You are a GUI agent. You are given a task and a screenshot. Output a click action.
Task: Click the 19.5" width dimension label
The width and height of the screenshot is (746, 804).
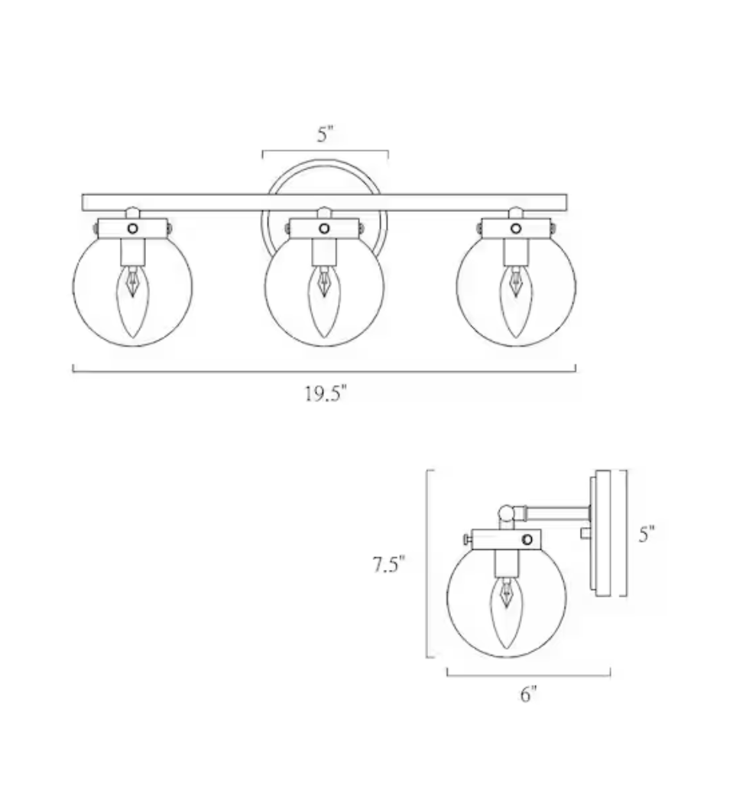pos(326,394)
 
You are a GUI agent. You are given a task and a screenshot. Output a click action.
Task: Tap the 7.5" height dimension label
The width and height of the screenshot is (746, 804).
pos(388,565)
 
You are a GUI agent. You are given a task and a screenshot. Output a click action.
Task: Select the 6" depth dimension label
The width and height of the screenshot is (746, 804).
pos(528,695)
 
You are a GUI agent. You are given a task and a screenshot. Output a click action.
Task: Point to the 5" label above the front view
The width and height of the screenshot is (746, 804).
pos(325,135)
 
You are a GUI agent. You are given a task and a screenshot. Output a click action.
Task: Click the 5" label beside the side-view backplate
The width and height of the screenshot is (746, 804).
pos(646,534)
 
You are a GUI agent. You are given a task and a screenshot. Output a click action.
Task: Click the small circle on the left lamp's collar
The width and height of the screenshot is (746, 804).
pos(133,229)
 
